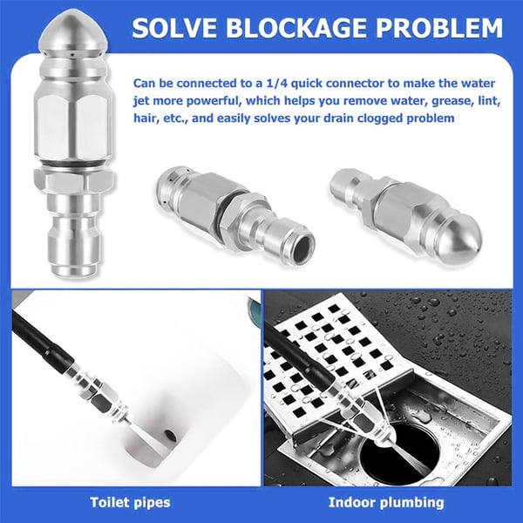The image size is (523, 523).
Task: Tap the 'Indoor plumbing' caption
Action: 386,501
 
